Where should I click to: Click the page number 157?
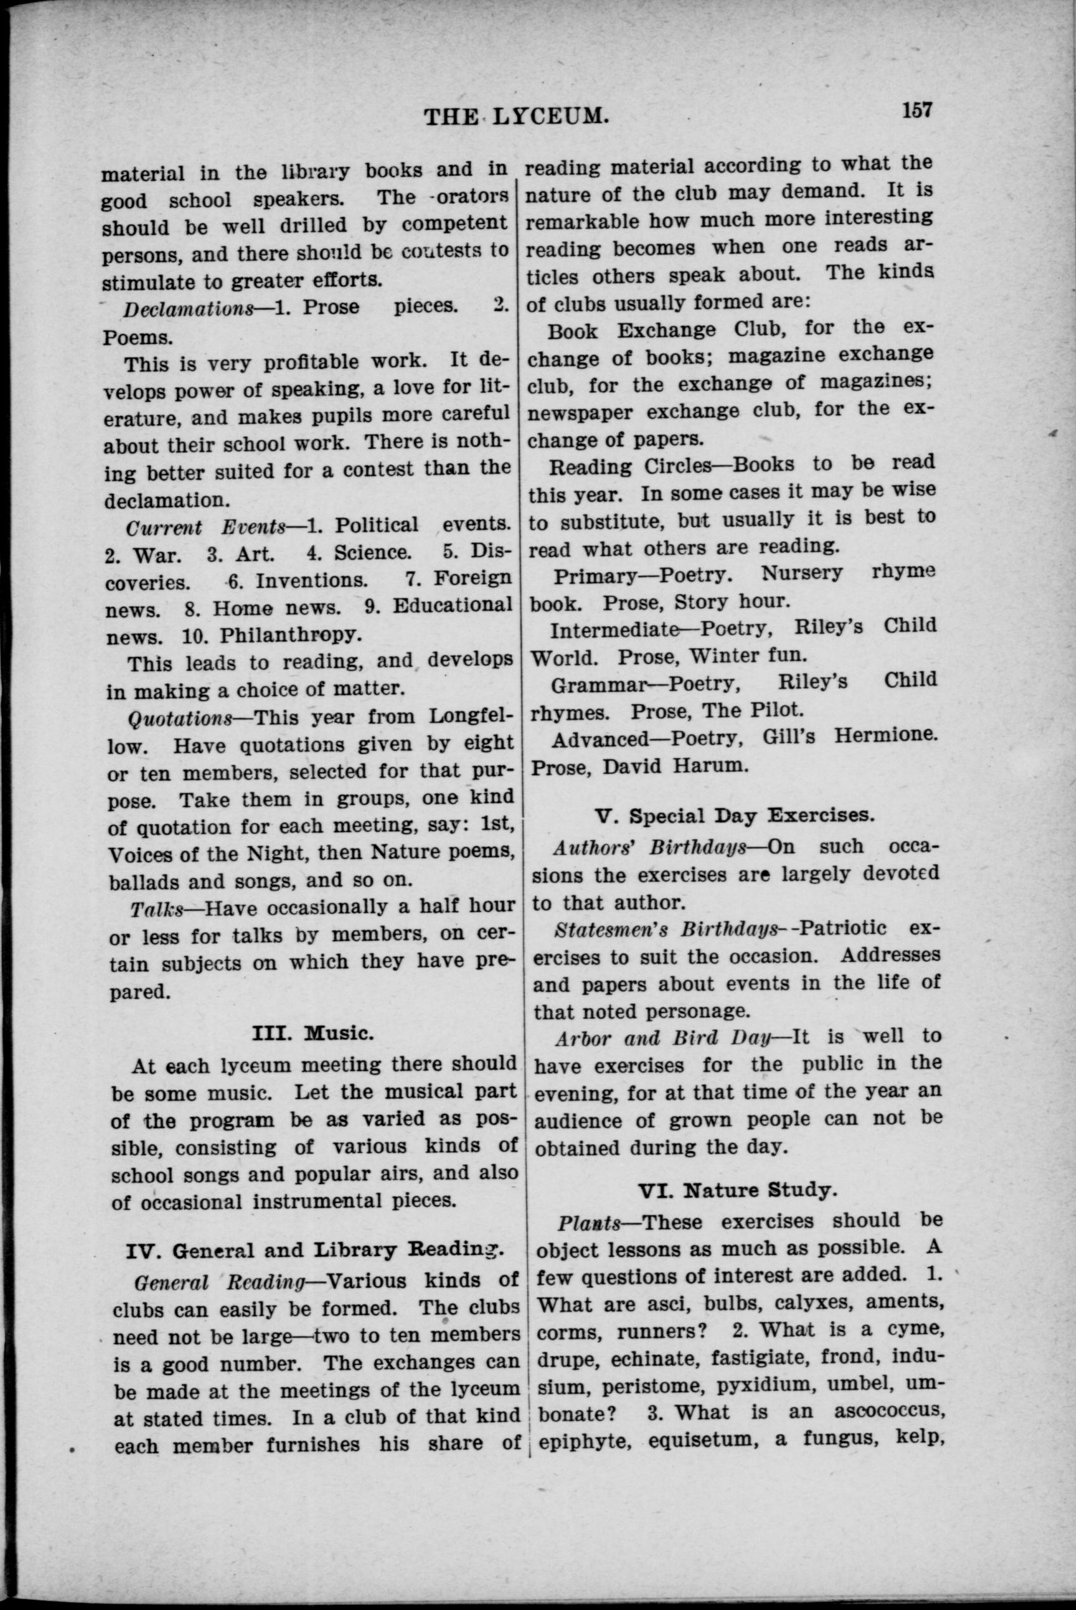click(x=917, y=109)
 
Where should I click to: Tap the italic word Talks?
click(x=157, y=909)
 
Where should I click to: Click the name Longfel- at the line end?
click(x=470, y=715)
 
